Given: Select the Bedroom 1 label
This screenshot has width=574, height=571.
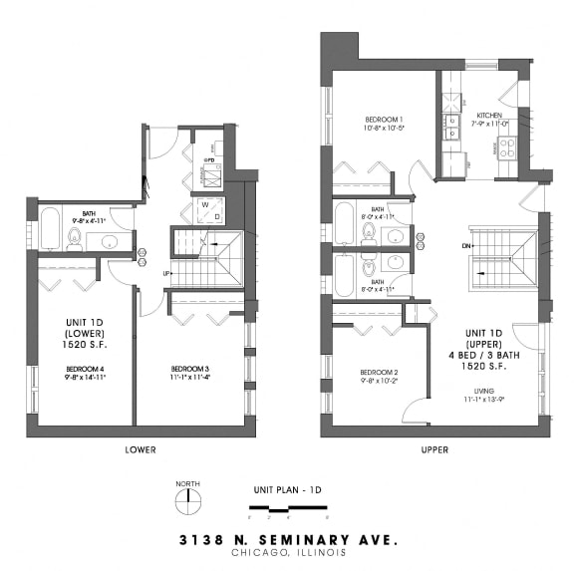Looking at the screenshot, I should (382, 122).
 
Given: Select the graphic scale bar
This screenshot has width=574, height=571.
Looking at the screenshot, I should (288, 510).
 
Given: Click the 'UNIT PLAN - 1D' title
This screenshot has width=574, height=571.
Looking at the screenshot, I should (287, 490).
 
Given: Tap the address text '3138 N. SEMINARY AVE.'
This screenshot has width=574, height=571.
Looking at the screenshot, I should (287, 540).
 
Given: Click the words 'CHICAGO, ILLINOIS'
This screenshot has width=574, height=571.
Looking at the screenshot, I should (287, 553).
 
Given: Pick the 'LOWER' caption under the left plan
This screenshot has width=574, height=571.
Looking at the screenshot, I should (140, 449).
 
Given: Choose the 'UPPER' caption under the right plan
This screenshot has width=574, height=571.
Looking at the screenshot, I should (433, 449).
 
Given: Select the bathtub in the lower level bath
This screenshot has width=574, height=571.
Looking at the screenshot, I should (50, 229).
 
